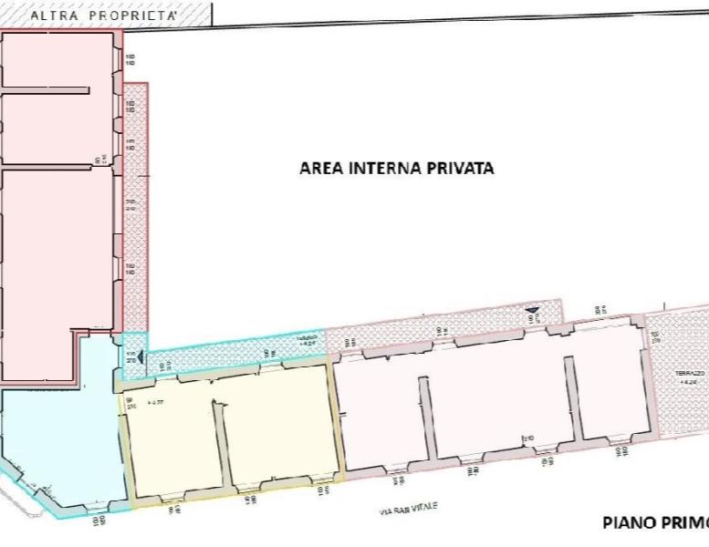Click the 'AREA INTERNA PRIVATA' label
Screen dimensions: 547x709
pos(397,169)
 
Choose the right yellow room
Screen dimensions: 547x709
pos(278,424)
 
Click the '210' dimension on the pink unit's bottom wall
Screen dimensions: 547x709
pos(527,439)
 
